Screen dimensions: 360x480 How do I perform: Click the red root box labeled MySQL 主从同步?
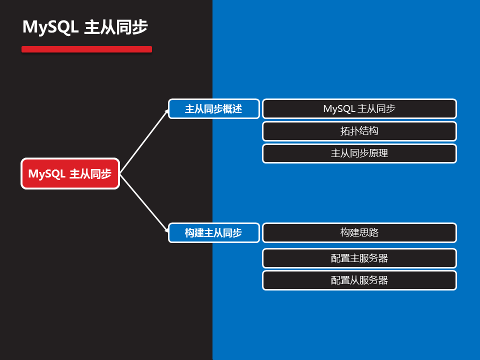click(x=70, y=173)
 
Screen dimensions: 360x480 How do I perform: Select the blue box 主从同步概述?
click(x=213, y=108)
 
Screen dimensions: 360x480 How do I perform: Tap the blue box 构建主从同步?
click(x=213, y=232)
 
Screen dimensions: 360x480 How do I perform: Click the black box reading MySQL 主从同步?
click(x=359, y=108)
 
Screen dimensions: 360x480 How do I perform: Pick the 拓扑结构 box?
click(x=359, y=131)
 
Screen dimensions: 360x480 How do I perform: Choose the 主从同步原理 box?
click(x=359, y=153)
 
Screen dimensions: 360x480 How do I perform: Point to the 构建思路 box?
click(x=359, y=232)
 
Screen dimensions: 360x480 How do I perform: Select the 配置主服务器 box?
click(x=359, y=258)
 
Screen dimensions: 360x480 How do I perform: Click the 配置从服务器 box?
click(x=359, y=280)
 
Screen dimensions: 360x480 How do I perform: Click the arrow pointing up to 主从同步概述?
click(x=145, y=140)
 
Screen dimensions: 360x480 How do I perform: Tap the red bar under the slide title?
click(x=86, y=49)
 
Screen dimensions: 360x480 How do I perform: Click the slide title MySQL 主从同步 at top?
click(x=85, y=27)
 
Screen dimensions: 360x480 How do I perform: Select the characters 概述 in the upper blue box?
click(x=232, y=109)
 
